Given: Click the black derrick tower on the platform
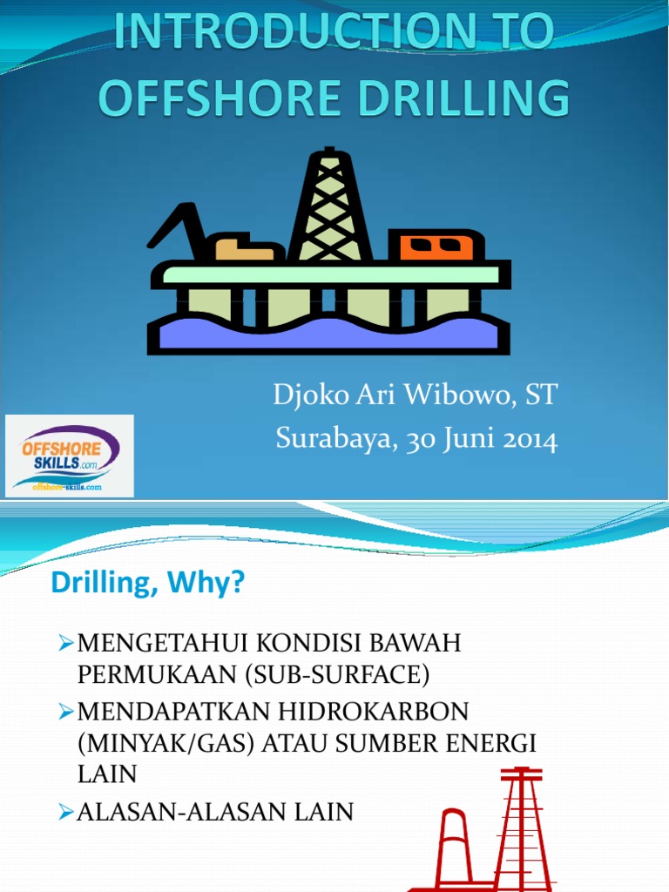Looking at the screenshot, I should pos(330,205).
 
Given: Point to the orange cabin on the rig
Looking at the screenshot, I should pos(436,246).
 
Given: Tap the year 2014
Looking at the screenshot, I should pos(529,438).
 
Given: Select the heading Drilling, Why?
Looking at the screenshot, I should pos(148,584).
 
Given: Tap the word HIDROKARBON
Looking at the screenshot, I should pos(375,712).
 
